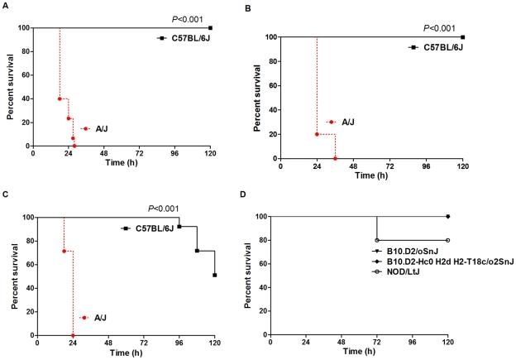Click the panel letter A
[x=5, y=5]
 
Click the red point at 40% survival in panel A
[x=60, y=98]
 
